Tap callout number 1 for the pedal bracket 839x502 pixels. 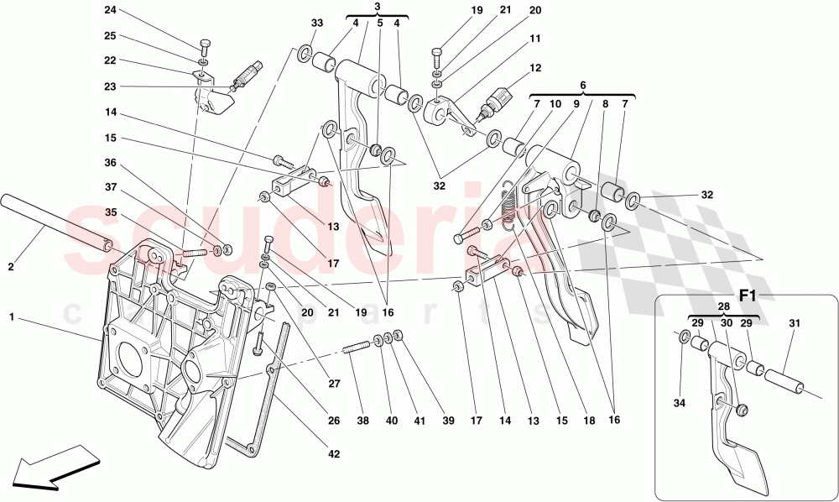[x=11, y=318]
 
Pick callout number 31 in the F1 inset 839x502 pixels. [x=795, y=322]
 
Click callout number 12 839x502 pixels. [x=535, y=68]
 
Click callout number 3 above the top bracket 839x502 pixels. [x=378, y=6]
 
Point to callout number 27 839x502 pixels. [x=335, y=384]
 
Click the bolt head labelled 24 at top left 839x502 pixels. [x=204, y=43]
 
